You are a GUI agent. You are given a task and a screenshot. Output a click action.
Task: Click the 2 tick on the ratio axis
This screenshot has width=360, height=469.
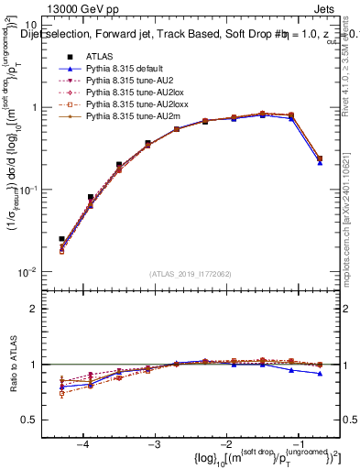(38, 309)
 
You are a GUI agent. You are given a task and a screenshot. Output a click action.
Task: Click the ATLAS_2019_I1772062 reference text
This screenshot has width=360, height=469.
(191, 273)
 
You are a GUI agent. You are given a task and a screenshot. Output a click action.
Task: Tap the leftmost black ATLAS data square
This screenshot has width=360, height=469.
(61, 239)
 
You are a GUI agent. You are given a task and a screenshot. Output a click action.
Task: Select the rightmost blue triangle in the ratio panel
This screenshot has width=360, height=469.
(320, 373)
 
